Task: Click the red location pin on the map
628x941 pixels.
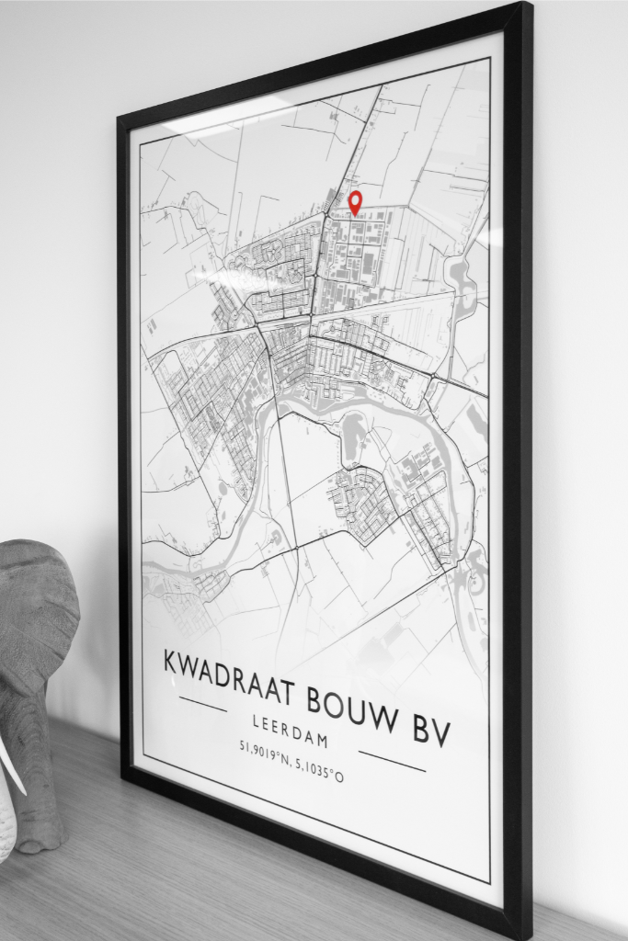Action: [x=354, y=202]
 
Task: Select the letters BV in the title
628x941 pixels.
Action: [x=434, y=732]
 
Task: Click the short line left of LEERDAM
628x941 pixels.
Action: [x=202, y=705]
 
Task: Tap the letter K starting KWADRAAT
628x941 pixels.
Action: [x=172, y=661]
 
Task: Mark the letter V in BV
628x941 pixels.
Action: [x=443, y=735]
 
